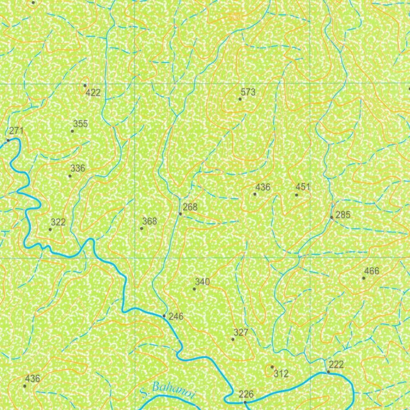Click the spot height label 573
click(248, 92)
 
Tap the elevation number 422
click(93, 93)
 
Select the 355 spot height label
click(80, 124)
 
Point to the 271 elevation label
click(16, 131)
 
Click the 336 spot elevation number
click(78, 168)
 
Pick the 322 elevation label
click(58, 222)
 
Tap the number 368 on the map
click(150, 221)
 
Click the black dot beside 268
click(180, 214)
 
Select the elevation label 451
click(303, 187)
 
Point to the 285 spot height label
click(343, 215)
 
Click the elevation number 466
click(372, 271)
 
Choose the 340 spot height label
click(202, 282)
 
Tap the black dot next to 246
click(164, 316)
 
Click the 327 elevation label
click(241, 332)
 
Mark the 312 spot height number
click(281, 374)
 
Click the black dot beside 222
click(328, 372)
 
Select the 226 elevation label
click(246, 394)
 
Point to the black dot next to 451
click(296, 195)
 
